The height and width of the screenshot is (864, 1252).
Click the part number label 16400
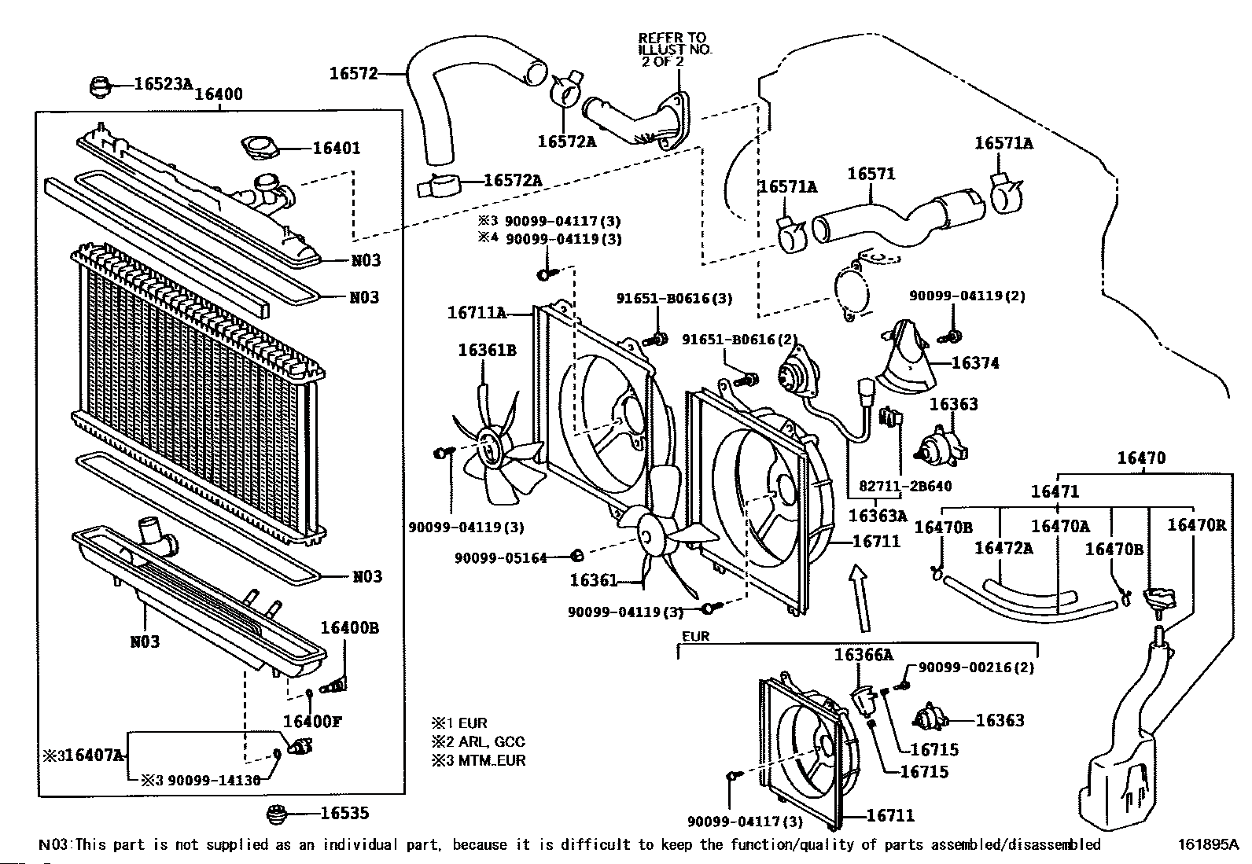point(219,94)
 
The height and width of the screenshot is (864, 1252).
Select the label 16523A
point(164,84)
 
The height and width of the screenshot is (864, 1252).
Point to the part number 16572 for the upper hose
point(353,73)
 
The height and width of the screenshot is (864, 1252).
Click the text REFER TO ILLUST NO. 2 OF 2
point(675,50)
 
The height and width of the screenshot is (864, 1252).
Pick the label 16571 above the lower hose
point(871,174)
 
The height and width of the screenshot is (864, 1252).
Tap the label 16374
point(975,362)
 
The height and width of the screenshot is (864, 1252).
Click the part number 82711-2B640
point(905,486)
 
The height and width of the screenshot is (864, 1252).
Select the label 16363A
point(878,515)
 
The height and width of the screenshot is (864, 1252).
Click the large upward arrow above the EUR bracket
point(860,598)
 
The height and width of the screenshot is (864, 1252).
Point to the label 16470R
point(1197,525)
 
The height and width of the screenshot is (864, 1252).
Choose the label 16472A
point(1003,548)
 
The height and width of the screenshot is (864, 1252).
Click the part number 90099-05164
point(501,557)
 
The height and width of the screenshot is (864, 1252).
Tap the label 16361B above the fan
point(487,351)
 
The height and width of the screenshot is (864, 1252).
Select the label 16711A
point(477,312)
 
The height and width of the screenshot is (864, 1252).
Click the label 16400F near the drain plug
point(312,722)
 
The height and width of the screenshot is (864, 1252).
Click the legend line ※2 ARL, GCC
point(478,741)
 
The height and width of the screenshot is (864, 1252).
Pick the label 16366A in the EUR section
point(864,654)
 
